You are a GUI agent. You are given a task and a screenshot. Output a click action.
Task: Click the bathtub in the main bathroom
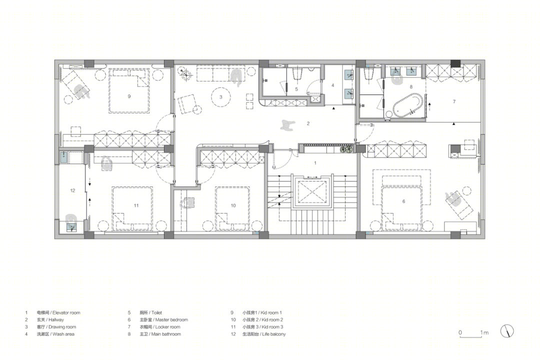click(x=408, y=104)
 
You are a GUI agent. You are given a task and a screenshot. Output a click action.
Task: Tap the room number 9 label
click(x=129, y=96)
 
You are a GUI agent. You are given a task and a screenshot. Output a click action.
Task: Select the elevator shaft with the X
click(x=312, y=191)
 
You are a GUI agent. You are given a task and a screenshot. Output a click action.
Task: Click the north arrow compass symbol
click(x=506, y=331)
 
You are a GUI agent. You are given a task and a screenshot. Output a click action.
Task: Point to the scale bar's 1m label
click(x=484, y=332)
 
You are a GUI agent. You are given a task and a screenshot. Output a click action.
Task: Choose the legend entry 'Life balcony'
click(x=273, y=334)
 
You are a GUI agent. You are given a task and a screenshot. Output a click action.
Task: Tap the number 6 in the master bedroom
click(x=403, y=201)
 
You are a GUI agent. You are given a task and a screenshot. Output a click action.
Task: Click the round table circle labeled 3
click(x=221, y=97)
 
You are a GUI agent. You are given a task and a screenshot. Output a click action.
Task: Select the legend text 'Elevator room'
click(x=66, y=312)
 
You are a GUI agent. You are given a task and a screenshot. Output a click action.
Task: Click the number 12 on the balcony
click(x=72, y=190)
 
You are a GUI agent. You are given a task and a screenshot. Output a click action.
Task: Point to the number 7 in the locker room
click(x=454, y=101)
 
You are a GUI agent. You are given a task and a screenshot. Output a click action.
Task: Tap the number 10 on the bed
click(x=233, y=205)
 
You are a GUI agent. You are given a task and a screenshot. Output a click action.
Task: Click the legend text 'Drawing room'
click(x=62, y=327)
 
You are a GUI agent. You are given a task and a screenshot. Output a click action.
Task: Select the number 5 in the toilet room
click(x=296, y=89)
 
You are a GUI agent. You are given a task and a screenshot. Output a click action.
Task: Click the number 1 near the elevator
click(x=315, y=163)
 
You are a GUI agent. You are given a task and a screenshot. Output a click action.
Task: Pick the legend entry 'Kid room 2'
click(x=272, y=319)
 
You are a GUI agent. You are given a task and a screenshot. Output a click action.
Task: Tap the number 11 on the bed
click(x=136, y=205)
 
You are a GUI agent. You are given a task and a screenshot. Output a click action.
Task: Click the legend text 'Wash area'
click(x=63, y=334)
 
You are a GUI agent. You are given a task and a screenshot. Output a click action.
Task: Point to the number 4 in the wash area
click(x=332, y=85)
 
